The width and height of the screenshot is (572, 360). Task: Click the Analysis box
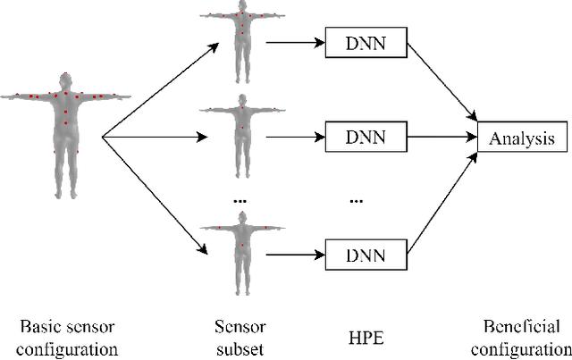[521, 138]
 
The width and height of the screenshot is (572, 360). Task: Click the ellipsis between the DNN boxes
[356, 199]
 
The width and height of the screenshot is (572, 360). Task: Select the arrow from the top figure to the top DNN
[294, 40]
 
